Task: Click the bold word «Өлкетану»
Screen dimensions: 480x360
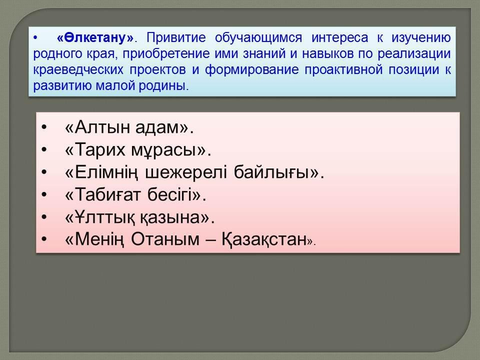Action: click(95, 38)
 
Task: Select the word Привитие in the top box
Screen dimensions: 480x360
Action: click(176, 38)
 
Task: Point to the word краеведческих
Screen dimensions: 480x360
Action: click(78, 70)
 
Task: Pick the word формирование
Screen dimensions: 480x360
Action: click(251, 70)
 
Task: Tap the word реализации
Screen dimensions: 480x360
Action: click(414, 54)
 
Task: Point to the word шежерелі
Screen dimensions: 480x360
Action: click(185, 172)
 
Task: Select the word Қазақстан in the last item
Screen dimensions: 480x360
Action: click(264, 239)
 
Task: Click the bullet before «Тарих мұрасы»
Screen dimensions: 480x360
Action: click(44, 150)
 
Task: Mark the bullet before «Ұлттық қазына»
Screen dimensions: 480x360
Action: click(44, 217)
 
